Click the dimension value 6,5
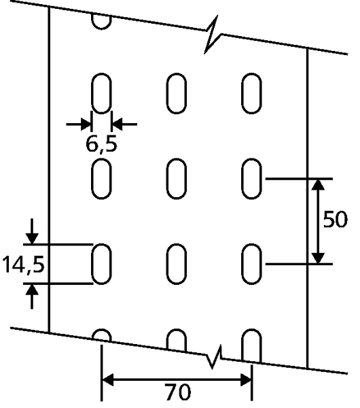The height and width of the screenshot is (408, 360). click(x=101, y=145)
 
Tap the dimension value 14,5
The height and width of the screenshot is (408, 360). click(x=23, y=265)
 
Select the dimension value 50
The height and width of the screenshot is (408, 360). click(x=335, y=219)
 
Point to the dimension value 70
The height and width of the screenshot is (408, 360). click(x=177, y=392)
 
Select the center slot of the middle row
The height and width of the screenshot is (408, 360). click(x=177, y=178)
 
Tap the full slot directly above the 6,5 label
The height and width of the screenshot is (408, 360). click(x=101, y=93)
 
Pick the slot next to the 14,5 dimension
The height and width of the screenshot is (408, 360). click(x=101, y=264)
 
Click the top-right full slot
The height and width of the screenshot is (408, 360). click(x=251, y=93)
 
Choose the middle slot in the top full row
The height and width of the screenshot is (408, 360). click(x=177, y=93)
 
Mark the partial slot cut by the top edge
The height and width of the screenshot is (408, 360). click(x=101, y=21)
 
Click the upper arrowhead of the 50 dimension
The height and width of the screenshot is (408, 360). click(x=318, y=184)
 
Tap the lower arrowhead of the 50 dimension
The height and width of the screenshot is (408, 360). click(x=318, y=258)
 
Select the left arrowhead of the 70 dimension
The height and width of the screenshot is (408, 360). click(x=107, y=379)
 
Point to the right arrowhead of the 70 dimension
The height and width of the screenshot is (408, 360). click(x=246, y=379)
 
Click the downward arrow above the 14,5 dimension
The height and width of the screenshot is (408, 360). click(x=32, y=231)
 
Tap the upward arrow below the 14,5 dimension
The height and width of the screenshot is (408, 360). click(x=32, y=296)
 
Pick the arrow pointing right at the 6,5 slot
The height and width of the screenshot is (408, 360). click(x=79, y=124)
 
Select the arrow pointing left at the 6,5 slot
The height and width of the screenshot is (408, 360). click(x=124, y=124)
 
